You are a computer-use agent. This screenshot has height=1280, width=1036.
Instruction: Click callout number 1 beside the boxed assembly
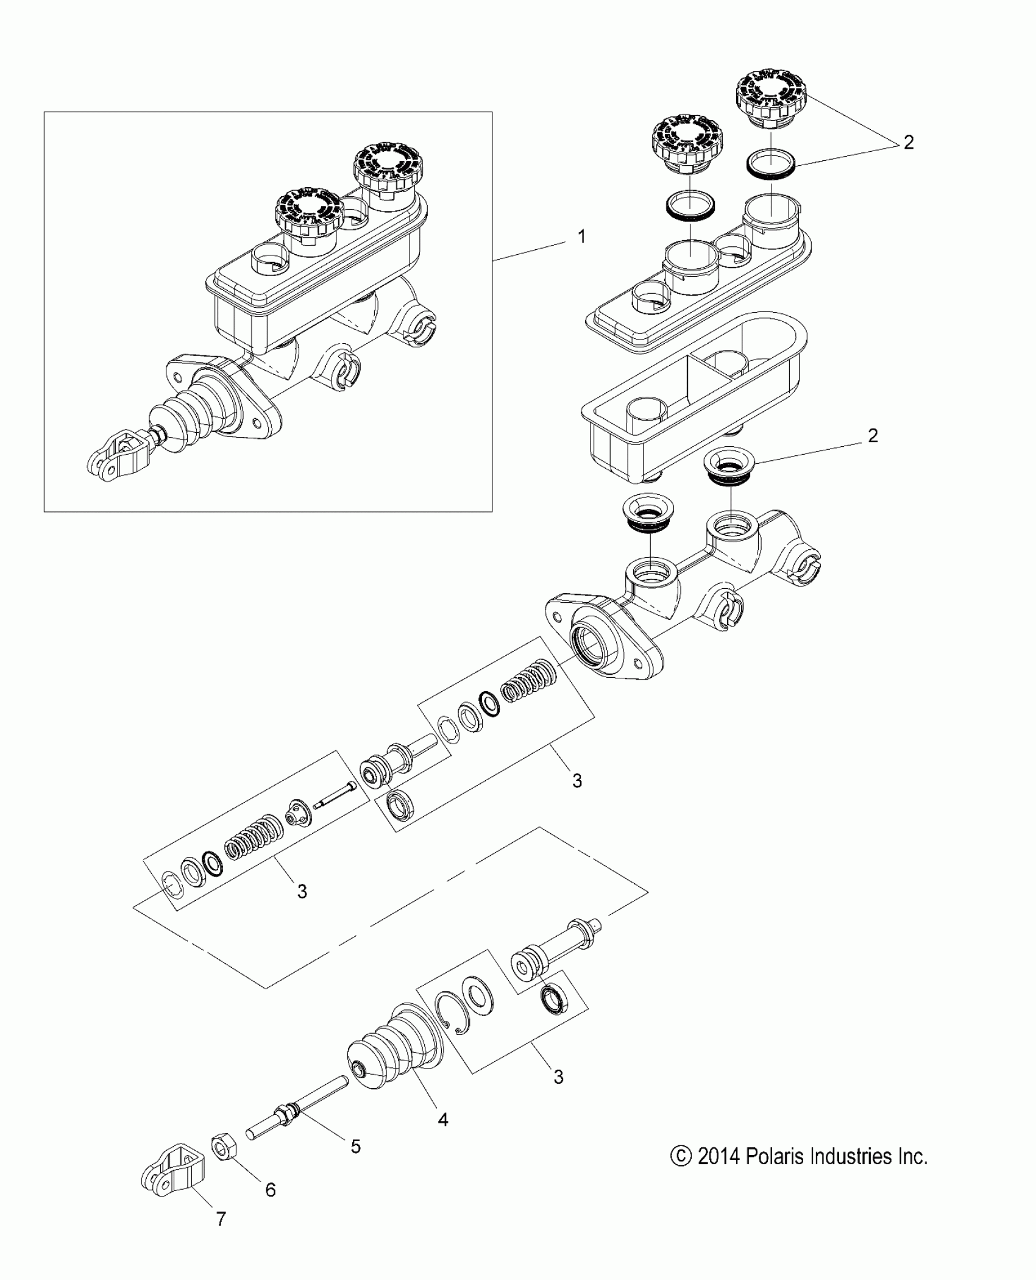tap(581, 236)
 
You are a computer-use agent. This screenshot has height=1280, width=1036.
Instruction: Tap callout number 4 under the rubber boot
tap(443, 1119)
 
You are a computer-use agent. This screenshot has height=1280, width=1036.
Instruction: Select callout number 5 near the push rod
tap(355, 1146)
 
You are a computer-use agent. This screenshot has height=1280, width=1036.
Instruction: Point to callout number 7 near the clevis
tap(221, 1236)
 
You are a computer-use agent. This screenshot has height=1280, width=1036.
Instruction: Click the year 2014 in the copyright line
tap(718, 1156)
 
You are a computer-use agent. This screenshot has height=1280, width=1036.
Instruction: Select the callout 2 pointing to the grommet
tap(873, 436)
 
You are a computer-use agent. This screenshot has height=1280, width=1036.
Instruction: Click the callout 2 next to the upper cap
tap(908, 143)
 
